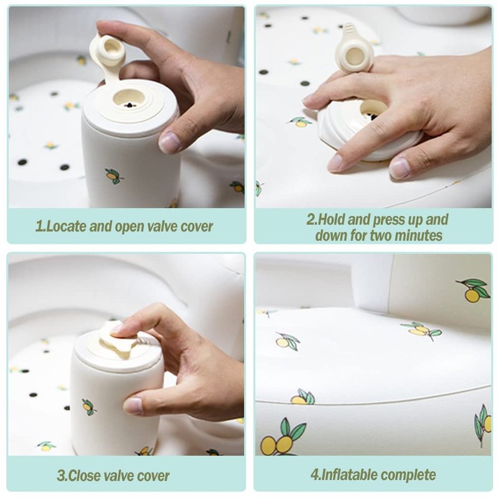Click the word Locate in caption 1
pyautogui.click(x=66, y=227)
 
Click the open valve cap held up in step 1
pyautogui.click(x=108, y=54)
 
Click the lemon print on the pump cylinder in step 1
pyautogui.click(x=114, y=176)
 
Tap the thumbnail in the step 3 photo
pyautogui.click(x=133, y=405)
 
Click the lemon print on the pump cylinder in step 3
pyautogui.click(x=89, y=407)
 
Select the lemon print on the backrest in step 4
pyautogui.click(x=473, y=290)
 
